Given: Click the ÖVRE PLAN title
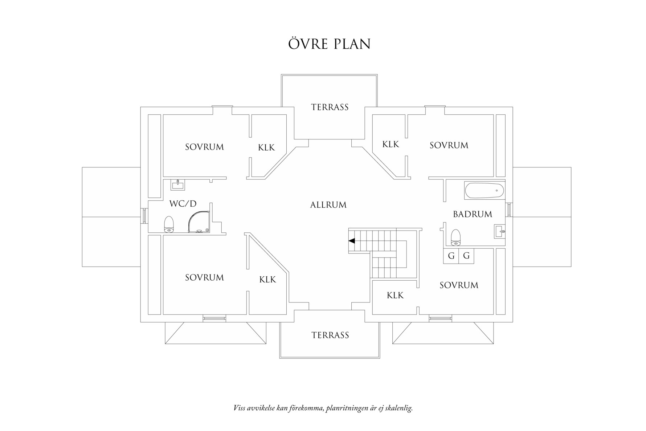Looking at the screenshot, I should (x=329, y=44).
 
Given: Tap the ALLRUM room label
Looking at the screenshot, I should (x=328, y=205).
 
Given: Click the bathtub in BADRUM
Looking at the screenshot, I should (x=484, y=191).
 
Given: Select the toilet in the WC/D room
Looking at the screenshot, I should (x=169, y=224).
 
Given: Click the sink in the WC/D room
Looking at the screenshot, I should (x=177, y=185).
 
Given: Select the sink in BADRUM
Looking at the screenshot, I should (x=499, y=231).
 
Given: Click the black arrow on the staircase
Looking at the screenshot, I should (x=351, y=241).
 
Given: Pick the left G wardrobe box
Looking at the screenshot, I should (x=451, y=256).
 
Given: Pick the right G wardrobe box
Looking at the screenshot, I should (x=466, y=256).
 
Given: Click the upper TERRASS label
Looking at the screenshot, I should (x=330, y=107).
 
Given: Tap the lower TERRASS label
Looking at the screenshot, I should (x=330, y=335).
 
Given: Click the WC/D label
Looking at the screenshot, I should (x=183, y=204).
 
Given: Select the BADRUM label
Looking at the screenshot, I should (x=473, y=214).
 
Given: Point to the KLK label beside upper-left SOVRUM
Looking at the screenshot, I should (x=266, y=148).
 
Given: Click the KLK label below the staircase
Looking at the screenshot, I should (x=395, y=296).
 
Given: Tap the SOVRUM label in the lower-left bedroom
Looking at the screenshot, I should (x=204, y=278).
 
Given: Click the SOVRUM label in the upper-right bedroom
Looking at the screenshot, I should (x=449, y=146).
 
